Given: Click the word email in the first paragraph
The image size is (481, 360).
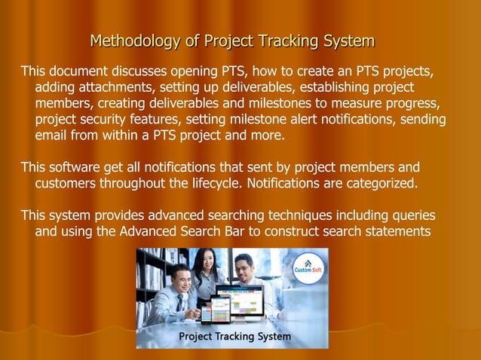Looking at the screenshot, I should (x=52, y=136).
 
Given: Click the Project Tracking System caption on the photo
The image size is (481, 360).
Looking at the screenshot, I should (x=234, y=337).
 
